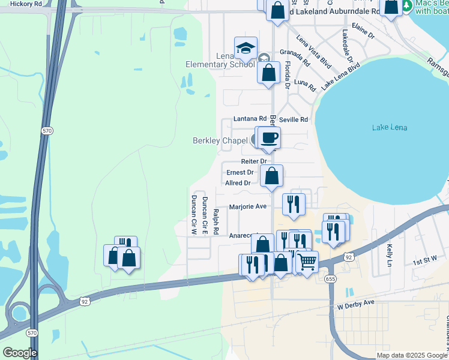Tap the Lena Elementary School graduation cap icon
(246, 48)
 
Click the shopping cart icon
(307, 262)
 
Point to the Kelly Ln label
(390, 256)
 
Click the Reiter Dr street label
(254, 161)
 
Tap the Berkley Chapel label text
(220, 141)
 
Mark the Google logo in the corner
(19, 353)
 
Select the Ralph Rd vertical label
(216, 221)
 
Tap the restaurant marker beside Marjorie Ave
(294, 204)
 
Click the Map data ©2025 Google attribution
(412, 355)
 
